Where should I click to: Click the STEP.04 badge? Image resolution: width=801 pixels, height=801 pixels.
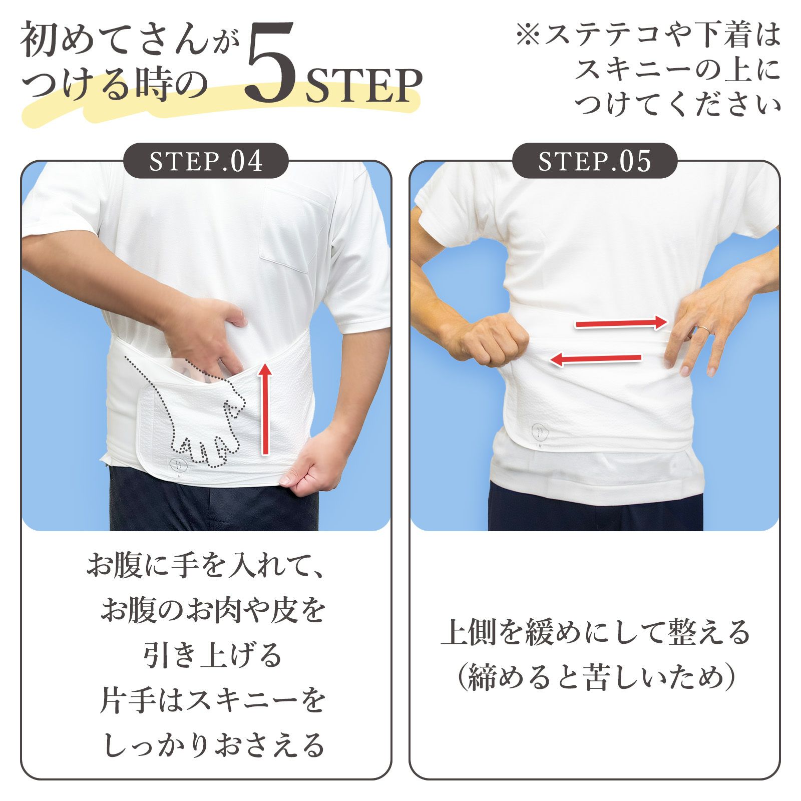pyautogui.click(x=206, y=161)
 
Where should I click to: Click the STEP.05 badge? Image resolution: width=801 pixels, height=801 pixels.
pyautogui.click(x=595, y=161)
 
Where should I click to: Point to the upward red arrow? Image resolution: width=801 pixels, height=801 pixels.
pyautogui.click(x=266, y=409)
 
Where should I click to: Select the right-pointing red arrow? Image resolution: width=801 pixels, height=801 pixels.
pyautogui.click(x=622, y=323)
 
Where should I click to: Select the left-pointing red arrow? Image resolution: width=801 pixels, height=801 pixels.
pyautogui.click(x=595, y=358)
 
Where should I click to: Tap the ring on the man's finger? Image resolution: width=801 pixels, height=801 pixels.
pyautogui.click(x=704, y=329)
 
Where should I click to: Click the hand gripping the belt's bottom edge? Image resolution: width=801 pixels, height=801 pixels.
pyautogui.click(x=314, y=463)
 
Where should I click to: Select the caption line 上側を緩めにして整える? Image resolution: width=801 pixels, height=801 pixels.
pyautogui.click(x=595, y=632)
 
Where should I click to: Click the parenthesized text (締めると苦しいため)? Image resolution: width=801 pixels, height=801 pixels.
pyautogui.click(x=596, y=677)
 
